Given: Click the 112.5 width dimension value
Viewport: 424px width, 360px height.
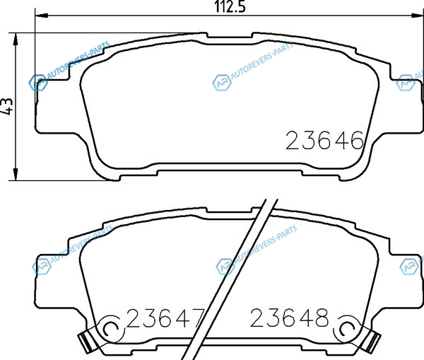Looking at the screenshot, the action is tap(230, 7).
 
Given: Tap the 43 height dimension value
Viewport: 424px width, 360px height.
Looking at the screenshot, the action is tap(7, 103).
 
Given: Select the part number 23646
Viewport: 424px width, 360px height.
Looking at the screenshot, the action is tap(324, 140).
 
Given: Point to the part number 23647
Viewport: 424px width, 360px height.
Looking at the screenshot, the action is tap(165, 318).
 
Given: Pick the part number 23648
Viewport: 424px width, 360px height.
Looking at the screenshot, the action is tap(289, 318).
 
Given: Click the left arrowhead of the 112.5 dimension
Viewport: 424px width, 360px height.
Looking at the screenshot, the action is tap(42, 16).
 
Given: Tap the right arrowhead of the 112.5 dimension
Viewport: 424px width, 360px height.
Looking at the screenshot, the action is tap(417, 16).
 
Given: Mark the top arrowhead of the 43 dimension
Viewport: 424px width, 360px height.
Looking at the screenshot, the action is tap(16, 40).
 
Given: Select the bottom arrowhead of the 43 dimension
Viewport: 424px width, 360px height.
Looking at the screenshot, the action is tap(16, 174).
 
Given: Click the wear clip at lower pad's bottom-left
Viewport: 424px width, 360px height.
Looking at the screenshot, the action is tap(85, 342).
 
